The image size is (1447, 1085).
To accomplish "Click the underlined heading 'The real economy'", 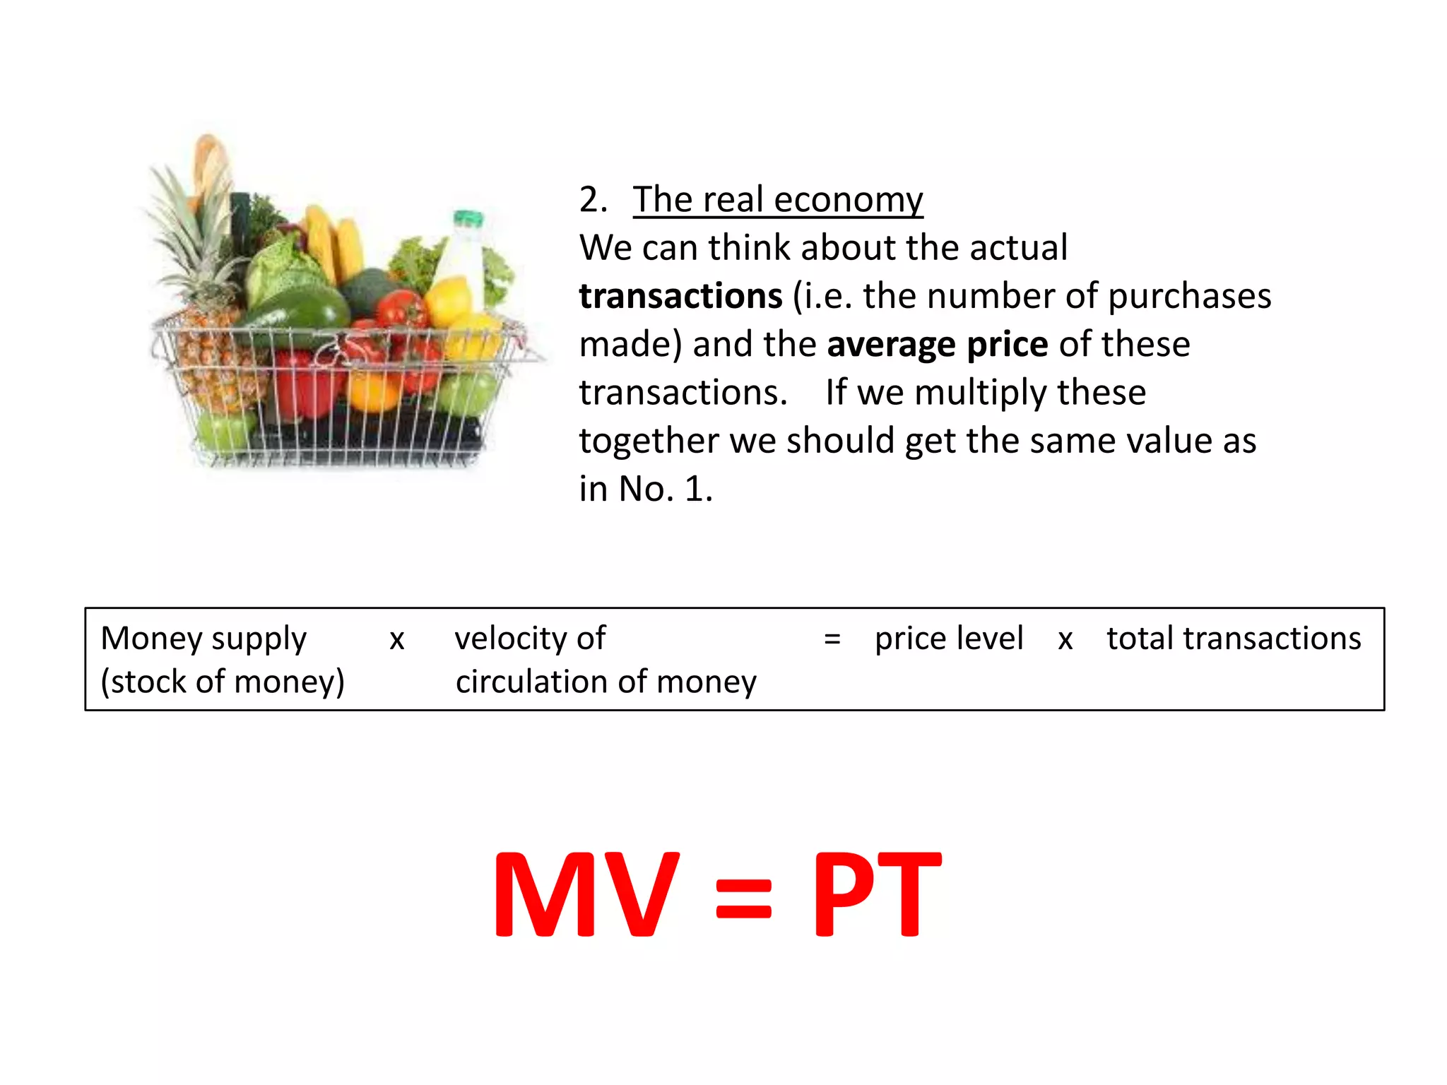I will point(777,200).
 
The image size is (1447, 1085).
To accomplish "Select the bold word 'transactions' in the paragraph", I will point(680,296).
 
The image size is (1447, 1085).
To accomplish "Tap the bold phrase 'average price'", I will point(937,345).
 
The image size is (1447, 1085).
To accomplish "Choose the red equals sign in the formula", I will point(743,899).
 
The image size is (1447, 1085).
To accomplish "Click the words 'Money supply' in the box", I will point(203,639).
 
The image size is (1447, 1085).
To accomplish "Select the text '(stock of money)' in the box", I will point(223,682).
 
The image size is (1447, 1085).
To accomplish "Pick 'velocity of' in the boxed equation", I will point(530,639).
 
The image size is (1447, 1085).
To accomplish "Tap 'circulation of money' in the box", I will point(606,682).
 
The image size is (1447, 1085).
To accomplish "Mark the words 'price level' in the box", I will point(948,639).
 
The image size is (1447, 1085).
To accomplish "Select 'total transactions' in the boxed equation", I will point(1233,639).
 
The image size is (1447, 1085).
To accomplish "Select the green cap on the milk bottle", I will point(468,218).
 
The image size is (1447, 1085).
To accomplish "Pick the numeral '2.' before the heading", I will point(593,200).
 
